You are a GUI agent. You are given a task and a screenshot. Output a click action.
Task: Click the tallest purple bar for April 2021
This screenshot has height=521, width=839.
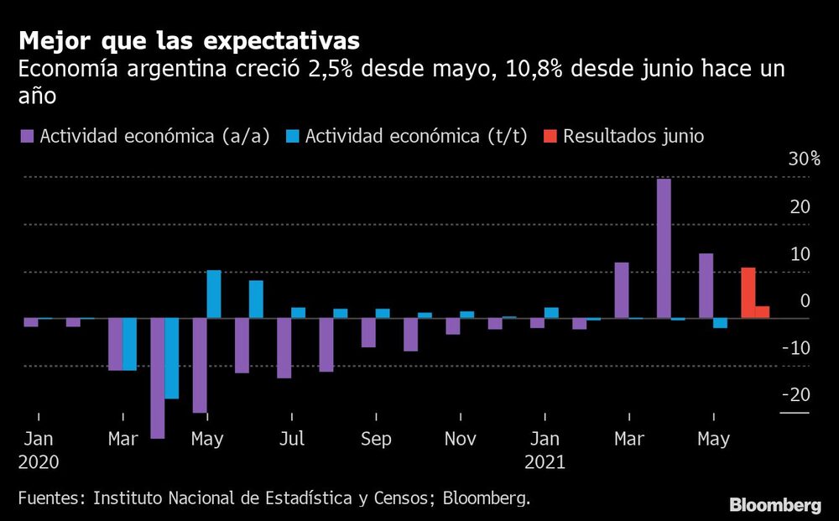click(664, 248)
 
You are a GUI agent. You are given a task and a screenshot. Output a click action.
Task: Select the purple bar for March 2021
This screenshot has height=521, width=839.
click(622, 290)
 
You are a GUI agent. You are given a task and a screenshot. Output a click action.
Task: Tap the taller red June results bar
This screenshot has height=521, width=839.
click(748, 293)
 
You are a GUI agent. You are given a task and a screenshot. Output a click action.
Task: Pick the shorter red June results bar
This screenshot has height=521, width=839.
click(762, 312)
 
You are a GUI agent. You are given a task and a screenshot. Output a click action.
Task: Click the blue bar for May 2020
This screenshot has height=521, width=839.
click(214, 294)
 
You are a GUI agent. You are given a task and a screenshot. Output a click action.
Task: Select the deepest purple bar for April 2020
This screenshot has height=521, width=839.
click(158, 378)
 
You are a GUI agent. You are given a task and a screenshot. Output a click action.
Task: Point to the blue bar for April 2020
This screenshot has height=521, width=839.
click(172, 358)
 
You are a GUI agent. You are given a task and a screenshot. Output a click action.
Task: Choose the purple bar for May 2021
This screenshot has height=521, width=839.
click(706, 286)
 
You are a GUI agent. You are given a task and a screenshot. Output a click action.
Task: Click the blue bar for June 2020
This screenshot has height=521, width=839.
click(256, 300)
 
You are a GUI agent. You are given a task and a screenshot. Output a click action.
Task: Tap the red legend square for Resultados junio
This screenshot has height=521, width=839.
click(550, 136)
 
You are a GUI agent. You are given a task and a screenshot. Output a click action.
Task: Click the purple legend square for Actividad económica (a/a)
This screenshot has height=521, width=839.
click(27, 136)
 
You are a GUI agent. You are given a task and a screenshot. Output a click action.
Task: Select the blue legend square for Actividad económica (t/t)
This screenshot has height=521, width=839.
click(293, 136)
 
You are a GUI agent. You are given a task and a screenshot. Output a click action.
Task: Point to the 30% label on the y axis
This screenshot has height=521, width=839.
click(803, 159)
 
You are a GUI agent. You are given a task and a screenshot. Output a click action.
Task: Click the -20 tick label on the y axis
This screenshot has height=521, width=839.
click(797, 394)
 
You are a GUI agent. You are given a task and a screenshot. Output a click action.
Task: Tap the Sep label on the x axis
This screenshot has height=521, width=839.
click(376, 439)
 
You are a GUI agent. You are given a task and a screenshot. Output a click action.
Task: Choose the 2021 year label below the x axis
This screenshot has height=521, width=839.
click(545, 461)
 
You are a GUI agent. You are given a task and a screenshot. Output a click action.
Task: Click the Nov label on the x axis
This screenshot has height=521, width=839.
click(460, 439)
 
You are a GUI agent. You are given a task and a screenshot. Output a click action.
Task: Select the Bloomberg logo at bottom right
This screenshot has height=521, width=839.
click(774, 505)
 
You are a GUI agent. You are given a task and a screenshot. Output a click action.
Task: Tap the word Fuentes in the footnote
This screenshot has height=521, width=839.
click(50, 498)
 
